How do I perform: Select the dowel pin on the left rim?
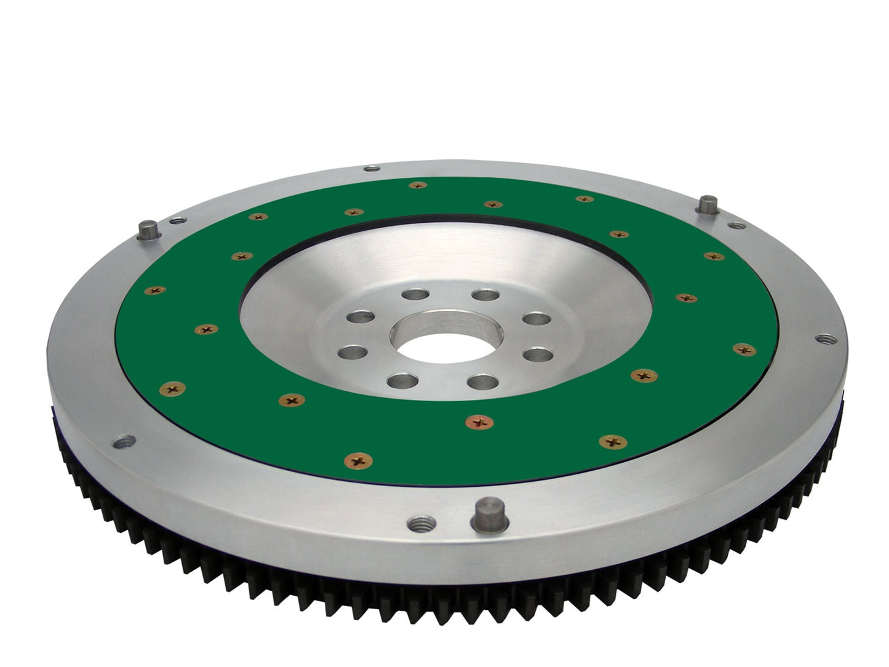click(x=149, y=230)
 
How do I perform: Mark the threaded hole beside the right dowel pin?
click(x=735, y=225)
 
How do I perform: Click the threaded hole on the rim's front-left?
click(x=125, y=441)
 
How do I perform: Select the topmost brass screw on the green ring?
click(x=418, y=185)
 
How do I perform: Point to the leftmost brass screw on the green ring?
click(x=154, y=290)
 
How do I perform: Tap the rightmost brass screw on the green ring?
click(x=744, y=349)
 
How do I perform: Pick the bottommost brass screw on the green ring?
click(x=359, y=460)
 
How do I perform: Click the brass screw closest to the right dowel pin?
click(x=713, y=256)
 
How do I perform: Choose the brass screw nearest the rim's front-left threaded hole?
click(x=172, y=388)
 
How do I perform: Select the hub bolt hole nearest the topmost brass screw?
click(x=416, y=295)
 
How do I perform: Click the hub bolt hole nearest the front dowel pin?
click(x=482, y=381)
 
